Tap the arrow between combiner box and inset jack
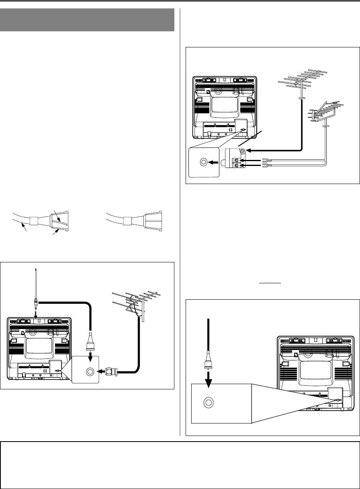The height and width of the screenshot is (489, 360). point(215,163)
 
